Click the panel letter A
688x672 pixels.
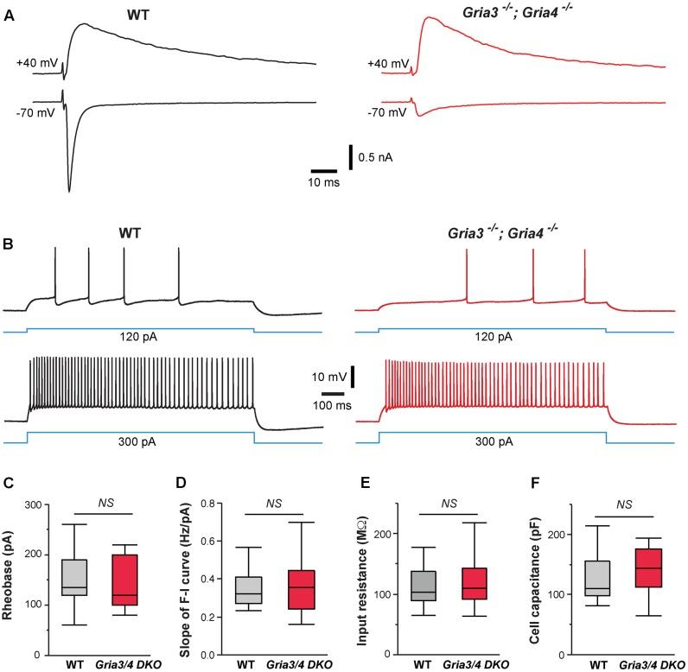point(9,16)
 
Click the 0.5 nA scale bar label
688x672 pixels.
point(379,158)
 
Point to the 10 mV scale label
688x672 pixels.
point(328,377)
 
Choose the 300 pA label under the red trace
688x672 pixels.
point(493,441)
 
